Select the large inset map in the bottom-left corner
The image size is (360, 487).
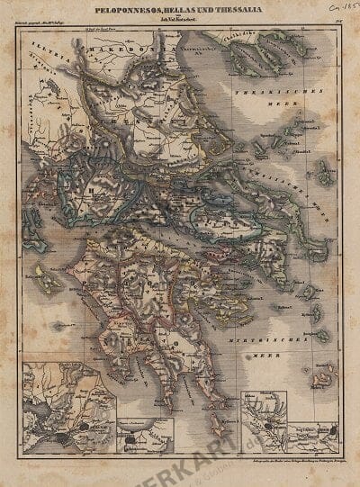68,401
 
